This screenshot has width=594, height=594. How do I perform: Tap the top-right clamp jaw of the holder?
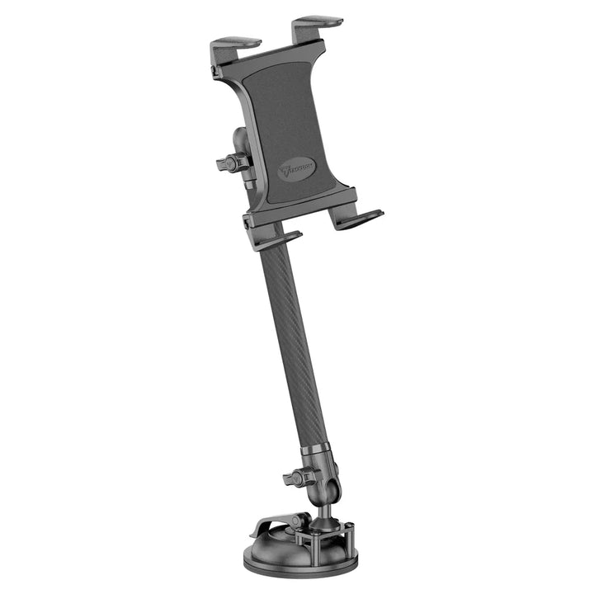pos(318,21)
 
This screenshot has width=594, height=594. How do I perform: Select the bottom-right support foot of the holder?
pos(356,219)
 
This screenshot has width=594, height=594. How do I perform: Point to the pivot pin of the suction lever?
pos(303,521)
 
